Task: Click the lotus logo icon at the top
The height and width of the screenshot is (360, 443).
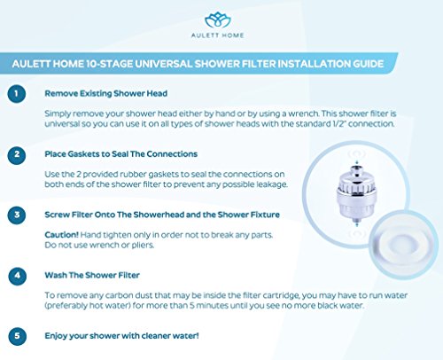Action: tap(218, 20)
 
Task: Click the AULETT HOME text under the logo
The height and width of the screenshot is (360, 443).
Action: tap(218, 35)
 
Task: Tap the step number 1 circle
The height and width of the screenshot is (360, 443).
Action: tap(17, 94)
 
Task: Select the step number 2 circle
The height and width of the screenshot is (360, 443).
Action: tap(17, 155)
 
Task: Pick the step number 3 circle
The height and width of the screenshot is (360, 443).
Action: tap(17, 215)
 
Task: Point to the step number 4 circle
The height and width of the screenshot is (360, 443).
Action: tap(18, 276)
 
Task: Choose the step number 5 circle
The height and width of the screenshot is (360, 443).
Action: tap(18, 336)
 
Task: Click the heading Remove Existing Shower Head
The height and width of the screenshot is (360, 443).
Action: tap(106, 93)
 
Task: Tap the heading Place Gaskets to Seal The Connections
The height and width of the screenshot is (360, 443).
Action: tap(121, 154)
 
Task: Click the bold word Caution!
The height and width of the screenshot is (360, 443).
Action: tap(61, 235)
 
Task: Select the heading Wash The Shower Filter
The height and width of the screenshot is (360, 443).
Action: tap(92, 275)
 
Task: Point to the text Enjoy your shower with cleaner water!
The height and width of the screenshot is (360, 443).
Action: tap(121, 336)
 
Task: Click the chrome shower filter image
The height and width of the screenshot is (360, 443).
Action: tap(357, 195)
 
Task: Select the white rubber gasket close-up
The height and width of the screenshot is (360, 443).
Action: tap(404, 245)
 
